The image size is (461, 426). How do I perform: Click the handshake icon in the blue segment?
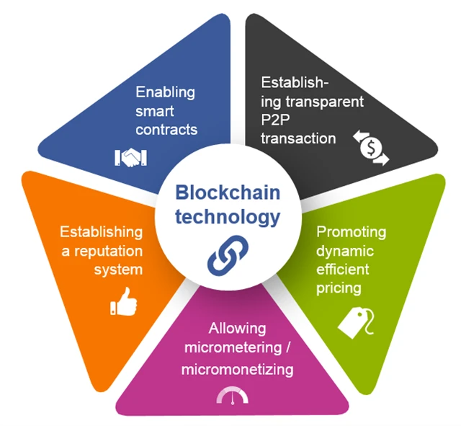tap(130, 158)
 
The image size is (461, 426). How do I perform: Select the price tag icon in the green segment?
tap(354, 318)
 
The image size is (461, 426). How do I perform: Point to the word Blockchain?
tap(228, 193)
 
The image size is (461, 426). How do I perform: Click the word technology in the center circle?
tap(228, 216)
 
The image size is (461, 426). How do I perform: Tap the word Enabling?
tap(166, 92)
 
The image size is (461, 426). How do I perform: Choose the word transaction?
tap(299, 138)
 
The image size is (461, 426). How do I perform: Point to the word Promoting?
tap(352, 232)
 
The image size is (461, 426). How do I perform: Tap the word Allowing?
tap(238, 329)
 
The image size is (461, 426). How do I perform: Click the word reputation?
tap(107, 251)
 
